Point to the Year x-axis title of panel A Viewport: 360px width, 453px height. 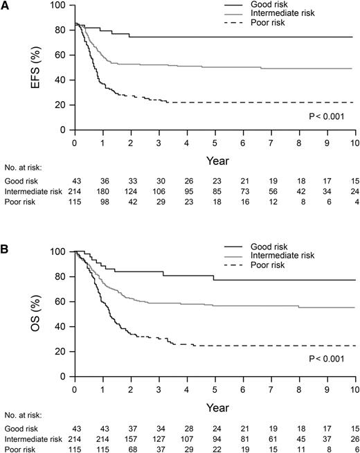(214, 160)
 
